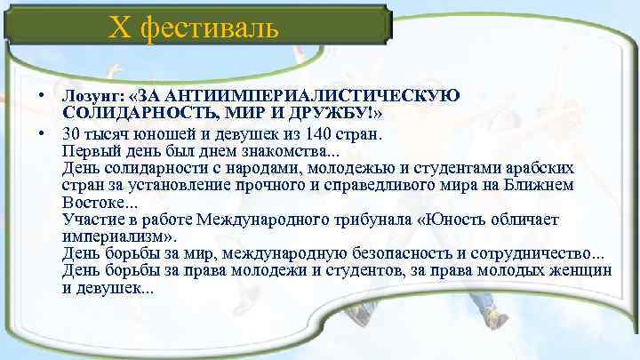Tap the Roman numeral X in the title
119,28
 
